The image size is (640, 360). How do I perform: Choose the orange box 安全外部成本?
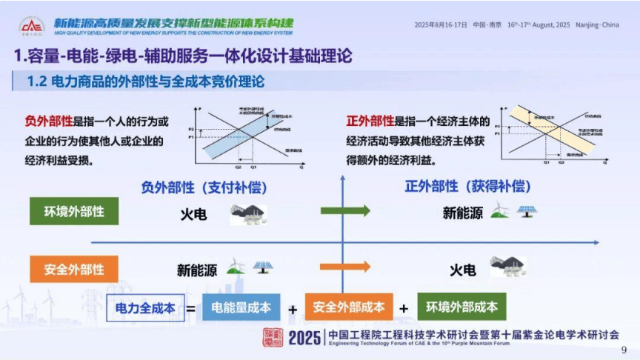tap(349, 307)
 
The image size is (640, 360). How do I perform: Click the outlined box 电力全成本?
tap(144, 307)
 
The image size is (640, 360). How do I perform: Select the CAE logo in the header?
tap(31, 27)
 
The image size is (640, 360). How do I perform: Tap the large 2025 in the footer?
tap(303, 339)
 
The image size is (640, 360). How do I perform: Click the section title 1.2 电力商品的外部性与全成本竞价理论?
tap(145, 81)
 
